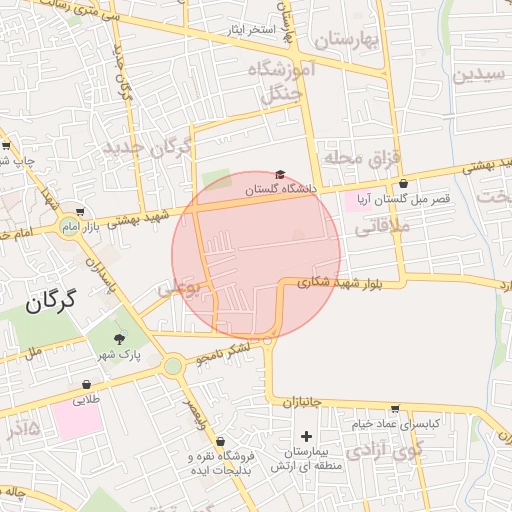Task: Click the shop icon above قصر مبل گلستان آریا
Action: [403, 184]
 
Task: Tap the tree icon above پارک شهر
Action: [121, 339]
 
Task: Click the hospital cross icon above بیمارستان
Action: [307, 436]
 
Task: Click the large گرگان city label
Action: [42, 302]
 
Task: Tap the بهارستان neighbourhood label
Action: [347, 40]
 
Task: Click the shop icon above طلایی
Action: [87, 384]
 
